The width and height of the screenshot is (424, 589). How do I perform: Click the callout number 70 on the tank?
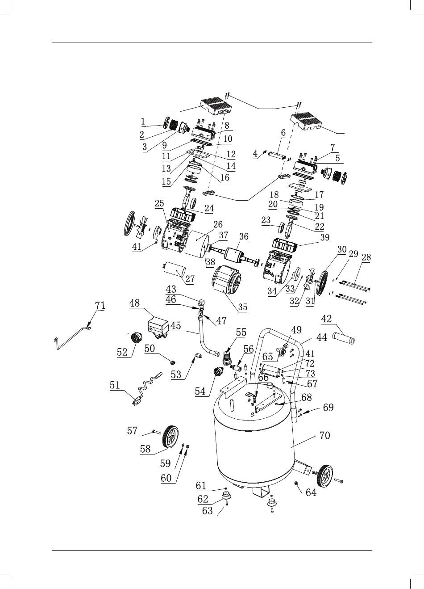(324, 435)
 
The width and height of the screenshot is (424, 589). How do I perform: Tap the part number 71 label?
(100, 306)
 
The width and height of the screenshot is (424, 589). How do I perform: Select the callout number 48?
(134, 303)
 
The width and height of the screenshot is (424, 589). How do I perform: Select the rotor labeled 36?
(234, 255)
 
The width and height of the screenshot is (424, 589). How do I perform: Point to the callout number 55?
(241, 332)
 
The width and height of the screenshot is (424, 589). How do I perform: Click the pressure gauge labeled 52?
(136, 337)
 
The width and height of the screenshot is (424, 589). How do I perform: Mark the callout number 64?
(311, 492)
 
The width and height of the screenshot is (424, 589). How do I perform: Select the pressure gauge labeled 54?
(217, 372)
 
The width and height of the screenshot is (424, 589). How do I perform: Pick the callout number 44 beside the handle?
(322, 337)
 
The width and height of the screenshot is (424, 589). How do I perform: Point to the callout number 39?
(325, 237)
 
